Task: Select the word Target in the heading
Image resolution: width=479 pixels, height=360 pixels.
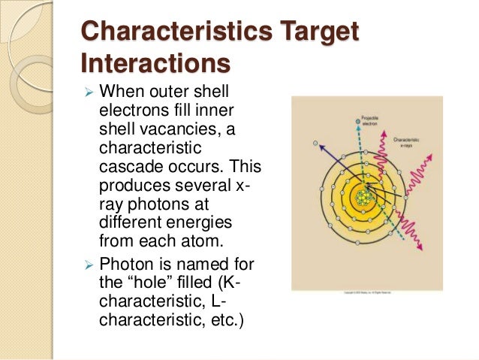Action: (x=315, y=32)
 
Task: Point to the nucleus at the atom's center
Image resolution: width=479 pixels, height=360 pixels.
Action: (x=363, y=198)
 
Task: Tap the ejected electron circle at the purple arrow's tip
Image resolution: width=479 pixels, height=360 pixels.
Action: (x=315, y=142)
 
